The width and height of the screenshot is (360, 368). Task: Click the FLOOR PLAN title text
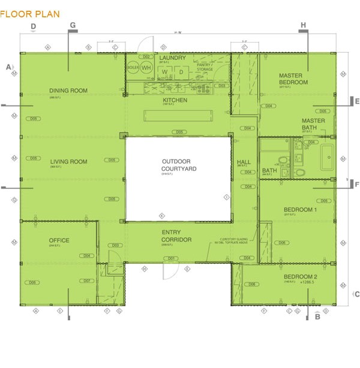pos(30,13)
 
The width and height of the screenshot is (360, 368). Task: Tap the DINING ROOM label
pos(68,91)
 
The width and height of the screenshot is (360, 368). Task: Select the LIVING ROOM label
pos(68,162)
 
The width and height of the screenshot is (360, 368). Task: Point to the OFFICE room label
pos(59,240)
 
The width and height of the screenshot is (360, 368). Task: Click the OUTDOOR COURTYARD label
pos(179,165)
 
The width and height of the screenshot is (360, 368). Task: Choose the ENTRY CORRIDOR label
pos(176,236)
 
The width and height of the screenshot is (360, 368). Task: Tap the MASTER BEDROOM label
pos(293,79)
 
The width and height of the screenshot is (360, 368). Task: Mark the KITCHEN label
pos(175,100)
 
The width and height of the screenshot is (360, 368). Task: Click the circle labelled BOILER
pos(133,68)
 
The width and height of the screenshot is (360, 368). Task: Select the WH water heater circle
pos(146,68)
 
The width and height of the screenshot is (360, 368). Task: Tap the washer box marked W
pos(164,72)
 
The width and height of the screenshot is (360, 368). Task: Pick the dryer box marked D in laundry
pos(181,72)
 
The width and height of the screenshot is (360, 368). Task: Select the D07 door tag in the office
pos(87,280)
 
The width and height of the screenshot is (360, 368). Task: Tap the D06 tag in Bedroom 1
pos(282,243)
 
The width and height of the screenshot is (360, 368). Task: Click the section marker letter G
pos(73,25)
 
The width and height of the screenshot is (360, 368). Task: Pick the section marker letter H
pos(303,25)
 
